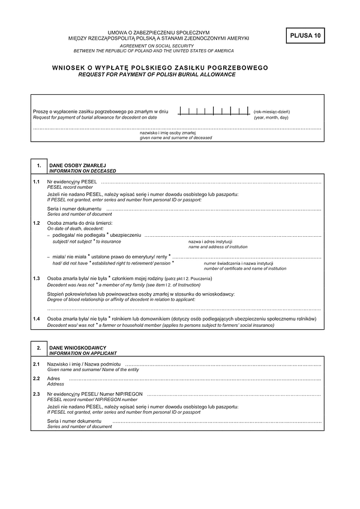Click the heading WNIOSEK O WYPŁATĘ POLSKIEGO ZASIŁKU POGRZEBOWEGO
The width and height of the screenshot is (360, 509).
pyautogui.click(x=160, y=68)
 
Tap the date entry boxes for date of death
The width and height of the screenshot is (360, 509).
pyautogui.click(x=214, y=112)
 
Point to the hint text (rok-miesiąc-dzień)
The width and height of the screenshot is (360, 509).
pyautogui.click(x=272, y=112)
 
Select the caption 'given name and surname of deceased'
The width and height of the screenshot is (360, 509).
pyautogui.click(x=176, y=138)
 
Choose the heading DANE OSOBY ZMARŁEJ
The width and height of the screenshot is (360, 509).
pyautogui.click(x=77, y=165)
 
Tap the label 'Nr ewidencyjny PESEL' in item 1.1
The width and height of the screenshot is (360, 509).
pyautogui.click(x=71, y=181)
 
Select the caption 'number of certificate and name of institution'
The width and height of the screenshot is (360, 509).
pyautogui.click(x=245, y=269)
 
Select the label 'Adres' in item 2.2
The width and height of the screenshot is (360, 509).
pyautogui.click(x=54, y=379)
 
